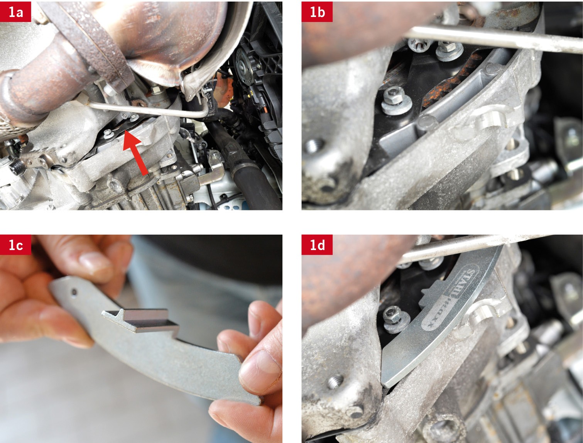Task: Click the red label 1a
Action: click(15, 12)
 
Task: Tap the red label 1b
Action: click(317, 12)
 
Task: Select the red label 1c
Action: click(15, 245)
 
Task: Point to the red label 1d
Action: click(317, 245)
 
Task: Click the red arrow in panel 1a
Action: click(136, 152)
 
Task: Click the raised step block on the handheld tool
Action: click(141, 320)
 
